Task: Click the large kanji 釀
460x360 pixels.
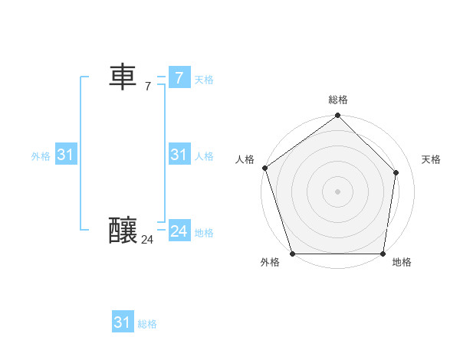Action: coord(123,230)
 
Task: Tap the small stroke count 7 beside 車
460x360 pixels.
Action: coord(148,87)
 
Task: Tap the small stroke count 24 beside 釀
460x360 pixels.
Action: coord(147,240)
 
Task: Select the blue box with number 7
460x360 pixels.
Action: coord(179,77)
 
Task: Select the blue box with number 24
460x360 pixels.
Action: coord(179,231)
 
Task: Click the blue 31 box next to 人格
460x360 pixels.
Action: coord(179,155)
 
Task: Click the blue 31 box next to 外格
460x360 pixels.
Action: coord(65,155)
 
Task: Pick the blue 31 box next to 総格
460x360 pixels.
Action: coord(122,322)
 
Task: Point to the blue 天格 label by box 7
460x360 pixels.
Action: coord(204,80)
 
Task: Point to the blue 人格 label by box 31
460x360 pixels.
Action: coord(204,156)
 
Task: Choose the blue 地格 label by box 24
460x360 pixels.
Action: coord(204,233)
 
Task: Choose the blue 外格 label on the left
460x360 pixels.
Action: coord(41,156)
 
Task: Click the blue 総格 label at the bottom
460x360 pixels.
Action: coord(147,324)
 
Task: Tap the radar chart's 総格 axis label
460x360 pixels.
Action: coord(338,100)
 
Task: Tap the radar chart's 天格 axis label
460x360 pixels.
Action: coord(431,159)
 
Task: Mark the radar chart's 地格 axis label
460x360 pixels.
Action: coord(402,262)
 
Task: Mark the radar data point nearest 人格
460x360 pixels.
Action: coord(264,167)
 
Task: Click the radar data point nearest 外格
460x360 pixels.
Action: coord(293,254)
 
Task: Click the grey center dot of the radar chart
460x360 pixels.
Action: coord(338,191)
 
